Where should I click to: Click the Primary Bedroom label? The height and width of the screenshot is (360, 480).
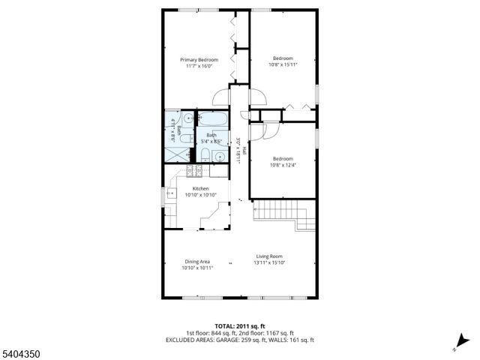tap(199, 60)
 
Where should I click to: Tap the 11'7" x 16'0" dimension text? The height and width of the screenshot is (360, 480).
tap(199, 67)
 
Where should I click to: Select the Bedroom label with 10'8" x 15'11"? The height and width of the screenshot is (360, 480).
tap(283, 58)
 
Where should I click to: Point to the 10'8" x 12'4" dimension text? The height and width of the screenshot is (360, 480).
tap(283, 165)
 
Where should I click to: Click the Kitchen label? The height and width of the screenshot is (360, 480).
tap(200, 189)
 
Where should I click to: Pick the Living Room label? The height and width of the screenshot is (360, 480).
tap(271, 256)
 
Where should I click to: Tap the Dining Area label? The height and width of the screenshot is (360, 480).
tap(198, 261)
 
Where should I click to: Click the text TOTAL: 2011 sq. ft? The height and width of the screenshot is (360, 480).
tap(239, 326)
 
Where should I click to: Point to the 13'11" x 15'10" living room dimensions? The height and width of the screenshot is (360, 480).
tap(271, 263)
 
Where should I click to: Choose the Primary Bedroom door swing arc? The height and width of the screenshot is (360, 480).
tap(220, 97)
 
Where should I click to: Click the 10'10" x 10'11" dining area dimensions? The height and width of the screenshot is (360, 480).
tap(198, 268)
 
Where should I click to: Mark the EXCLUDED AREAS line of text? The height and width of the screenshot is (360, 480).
tap(239, 340)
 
